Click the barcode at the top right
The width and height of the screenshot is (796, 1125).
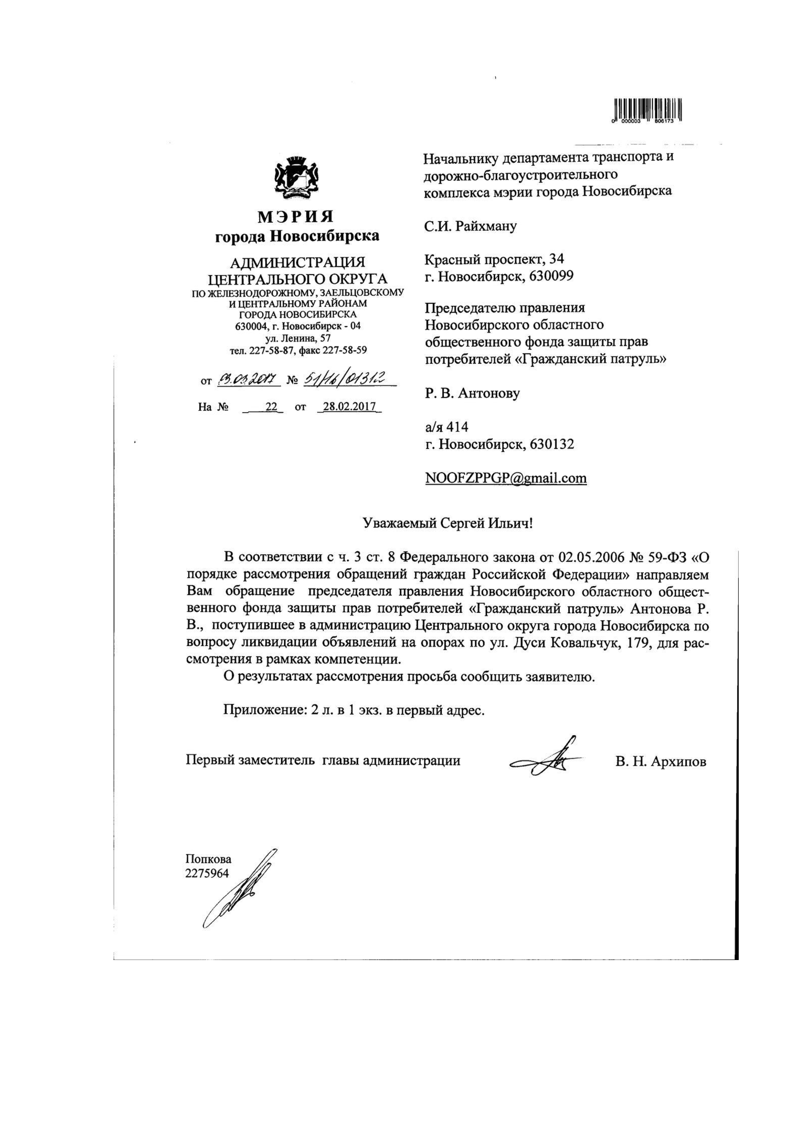646,110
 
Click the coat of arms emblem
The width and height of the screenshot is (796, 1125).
296,179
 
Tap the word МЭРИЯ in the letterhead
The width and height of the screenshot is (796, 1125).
296,216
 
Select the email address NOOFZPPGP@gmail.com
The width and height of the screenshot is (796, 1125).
505,478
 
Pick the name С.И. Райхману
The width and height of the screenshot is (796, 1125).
470,226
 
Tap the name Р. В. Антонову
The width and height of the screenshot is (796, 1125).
472,393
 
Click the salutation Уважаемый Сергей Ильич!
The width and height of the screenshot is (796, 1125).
447,523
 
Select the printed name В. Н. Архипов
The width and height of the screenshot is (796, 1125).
661,761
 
